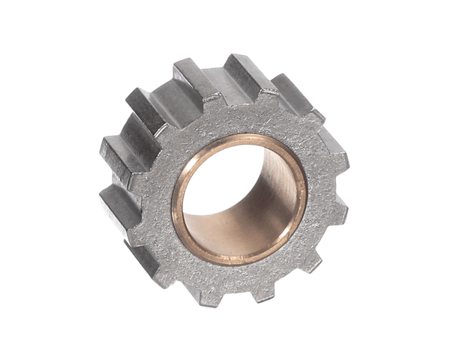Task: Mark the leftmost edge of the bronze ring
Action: [174, 202]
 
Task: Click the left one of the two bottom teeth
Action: [211, 295]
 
